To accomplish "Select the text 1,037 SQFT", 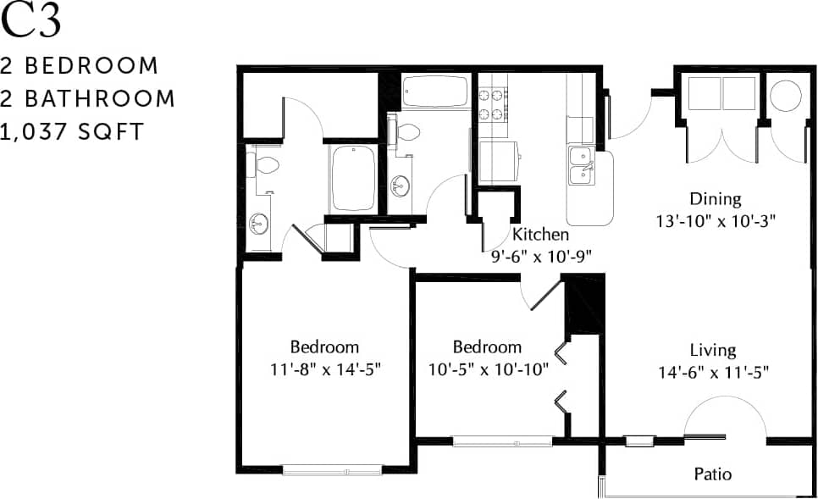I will click(x=73, y=131).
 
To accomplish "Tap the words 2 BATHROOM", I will click(x=87, y=98).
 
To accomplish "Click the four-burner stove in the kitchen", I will click(x=492, y=103).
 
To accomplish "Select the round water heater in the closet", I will click(x=785, y=94).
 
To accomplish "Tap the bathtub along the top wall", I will click(x=435, y=91).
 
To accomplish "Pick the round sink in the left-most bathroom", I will click(x=259, y=225).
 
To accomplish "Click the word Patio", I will click(x=712, y=474).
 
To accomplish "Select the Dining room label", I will click(x=715, y=200).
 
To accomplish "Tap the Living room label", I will click(x=712, y=350).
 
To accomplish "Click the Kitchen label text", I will click(x=540, y=235).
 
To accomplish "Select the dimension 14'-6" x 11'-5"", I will click(x=712, y=371).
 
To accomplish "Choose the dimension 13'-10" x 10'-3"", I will click(x=715, y=219).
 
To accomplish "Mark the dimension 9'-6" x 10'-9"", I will click(x=540, y=254).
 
